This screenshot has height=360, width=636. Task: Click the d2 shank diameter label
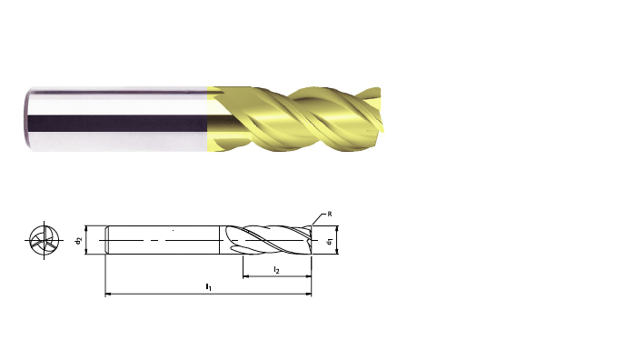(79, 240)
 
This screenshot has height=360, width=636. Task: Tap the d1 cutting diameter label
(330, 241)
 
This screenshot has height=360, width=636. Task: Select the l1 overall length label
(208, 287)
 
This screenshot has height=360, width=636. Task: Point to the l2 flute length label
(276, 270)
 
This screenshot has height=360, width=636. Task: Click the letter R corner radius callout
(330, 214)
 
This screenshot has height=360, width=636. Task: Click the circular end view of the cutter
(45, 240)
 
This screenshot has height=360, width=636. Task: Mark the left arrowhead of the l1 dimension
(107, 294)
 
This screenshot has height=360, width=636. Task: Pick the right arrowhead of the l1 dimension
(309, 294)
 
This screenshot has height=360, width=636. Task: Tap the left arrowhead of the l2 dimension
(245, 276)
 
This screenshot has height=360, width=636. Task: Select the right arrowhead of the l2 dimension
(309, 276)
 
